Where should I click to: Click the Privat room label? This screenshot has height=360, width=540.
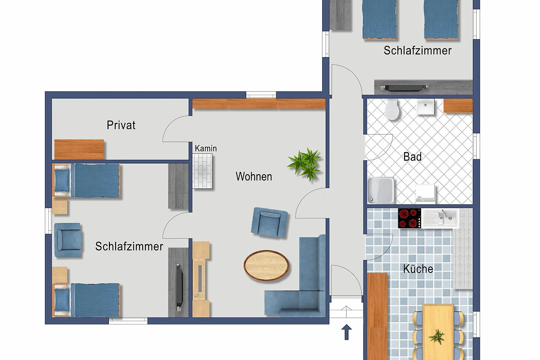pos(121,125)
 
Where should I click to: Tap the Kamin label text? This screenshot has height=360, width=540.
pos(206,148)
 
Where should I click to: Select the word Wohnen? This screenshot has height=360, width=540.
pos(254,176)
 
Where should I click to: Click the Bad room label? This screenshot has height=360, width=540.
pos(413,157)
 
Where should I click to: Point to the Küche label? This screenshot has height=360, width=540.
pos(418,269)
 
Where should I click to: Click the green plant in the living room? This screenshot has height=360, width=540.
pos(305,164)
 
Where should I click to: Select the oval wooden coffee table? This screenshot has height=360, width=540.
pos(266,265)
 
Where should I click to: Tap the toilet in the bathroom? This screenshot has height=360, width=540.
pos(392,109)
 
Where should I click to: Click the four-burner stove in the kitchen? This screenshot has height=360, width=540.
pos(409,218)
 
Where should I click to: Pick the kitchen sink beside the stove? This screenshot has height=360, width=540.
pos(440,218)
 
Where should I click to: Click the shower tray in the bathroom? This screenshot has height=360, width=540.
pos(381,190)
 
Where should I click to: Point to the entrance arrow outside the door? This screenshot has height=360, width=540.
pos(346,332)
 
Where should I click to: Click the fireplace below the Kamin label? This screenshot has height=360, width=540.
pos(202,171)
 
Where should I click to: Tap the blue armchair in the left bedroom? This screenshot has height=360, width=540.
pos(68,240)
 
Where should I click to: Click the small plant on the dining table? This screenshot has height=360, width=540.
pos(437,337)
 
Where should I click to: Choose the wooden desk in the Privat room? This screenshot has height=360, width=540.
pos(79,149)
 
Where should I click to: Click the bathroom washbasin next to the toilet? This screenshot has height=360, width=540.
pos(426,107)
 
